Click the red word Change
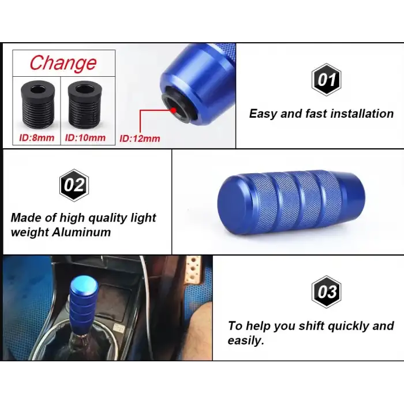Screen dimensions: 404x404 click(x=63, y=63)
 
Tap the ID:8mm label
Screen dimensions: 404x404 click(x=36, y=138)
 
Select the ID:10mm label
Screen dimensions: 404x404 click(x=85, y=137)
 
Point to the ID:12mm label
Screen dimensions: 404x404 click(x=140, y=139)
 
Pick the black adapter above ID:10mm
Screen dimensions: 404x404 click(x=85, y=103)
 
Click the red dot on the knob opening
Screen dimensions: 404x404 click(x=173, y=110)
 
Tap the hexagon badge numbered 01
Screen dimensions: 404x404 click(x=327, y=80)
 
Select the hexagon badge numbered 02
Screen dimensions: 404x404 click(x=74, y=185)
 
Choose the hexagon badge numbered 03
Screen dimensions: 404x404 click(x=327, y=292)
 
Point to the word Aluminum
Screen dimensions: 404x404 click(x=81, y=232)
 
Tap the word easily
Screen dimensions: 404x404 click(x=246, y=341)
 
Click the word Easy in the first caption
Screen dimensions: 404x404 click(x=263, y=114)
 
